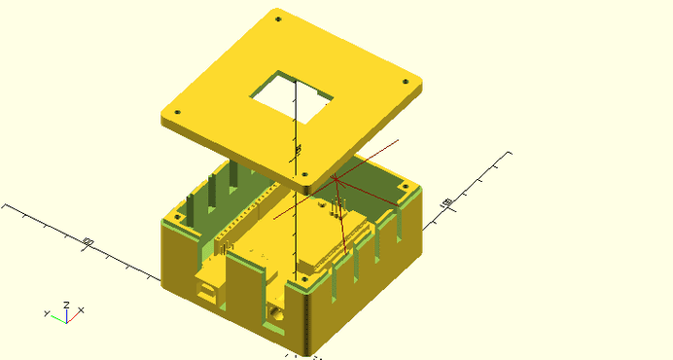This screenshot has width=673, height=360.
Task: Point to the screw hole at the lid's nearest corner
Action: click(308, 175)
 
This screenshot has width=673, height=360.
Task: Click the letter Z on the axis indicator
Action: click(65, 305)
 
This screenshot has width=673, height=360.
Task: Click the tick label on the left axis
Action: click(88, 241)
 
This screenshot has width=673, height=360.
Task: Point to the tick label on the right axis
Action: click(446, 201)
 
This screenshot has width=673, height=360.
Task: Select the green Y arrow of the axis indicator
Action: click(55, 315)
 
